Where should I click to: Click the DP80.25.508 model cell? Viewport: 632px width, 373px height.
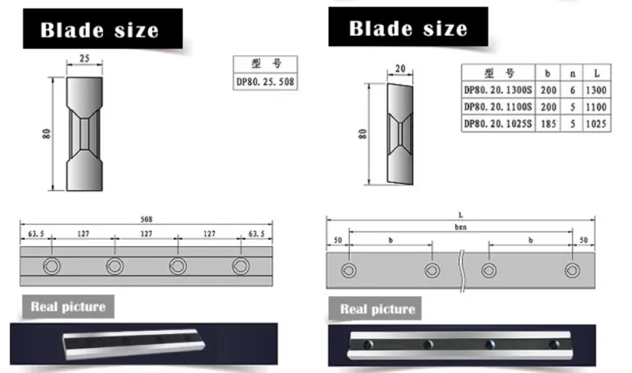coord(265,82)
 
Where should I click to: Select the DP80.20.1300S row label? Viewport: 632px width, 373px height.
coord(497,90)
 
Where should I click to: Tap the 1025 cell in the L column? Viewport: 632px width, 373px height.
coord(596,124)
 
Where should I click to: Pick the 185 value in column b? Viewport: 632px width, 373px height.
coord(549,124)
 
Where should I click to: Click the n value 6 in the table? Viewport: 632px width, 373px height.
coord(572,90)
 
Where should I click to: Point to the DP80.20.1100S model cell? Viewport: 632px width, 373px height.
coord(497,107)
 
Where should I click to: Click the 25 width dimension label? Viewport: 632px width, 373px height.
coord(84,58)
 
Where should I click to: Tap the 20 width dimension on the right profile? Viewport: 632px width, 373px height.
coord(400,69)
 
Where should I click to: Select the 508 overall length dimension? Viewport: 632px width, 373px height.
coord(147,219)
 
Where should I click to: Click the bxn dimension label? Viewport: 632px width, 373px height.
coord(461,227)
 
